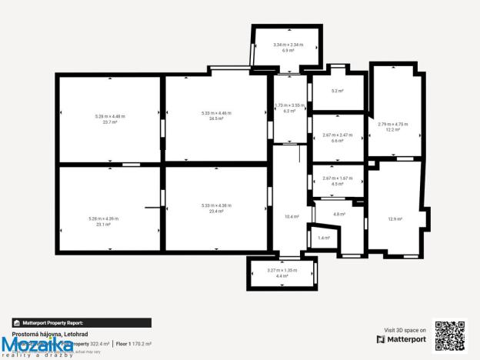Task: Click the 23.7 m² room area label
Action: click(110, 122)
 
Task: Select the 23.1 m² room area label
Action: click(104, 224)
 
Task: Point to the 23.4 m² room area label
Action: click(216, 210)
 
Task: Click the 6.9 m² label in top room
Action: click(288, 50)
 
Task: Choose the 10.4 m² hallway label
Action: click(292, 217)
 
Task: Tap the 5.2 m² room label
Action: click(337, 91)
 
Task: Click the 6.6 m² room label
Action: click(337, 141)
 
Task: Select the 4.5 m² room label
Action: click(337, 184)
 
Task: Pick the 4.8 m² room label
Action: click(339, 214)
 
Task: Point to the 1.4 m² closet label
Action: click(323, 238)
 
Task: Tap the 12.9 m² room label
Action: click(395, 219)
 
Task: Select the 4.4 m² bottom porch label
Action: click(282, 275)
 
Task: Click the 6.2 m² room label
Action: click(289, 111)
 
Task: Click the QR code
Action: click(451, 336)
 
